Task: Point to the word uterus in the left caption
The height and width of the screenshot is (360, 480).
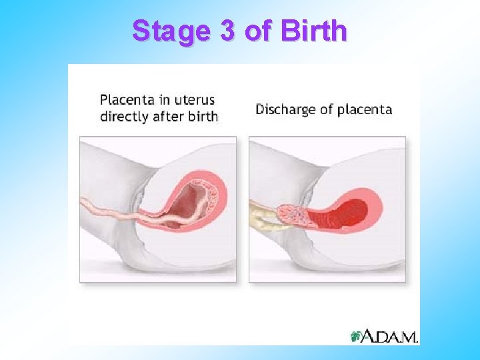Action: coord(193,101)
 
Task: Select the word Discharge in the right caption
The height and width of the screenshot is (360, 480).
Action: coord(285,109)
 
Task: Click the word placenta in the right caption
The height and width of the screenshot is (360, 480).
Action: coord(365,109)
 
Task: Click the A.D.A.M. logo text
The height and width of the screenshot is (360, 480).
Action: coord(390,337)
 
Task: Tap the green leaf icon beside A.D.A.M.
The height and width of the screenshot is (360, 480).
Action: coord(357,336)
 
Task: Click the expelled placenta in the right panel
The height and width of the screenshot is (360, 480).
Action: coord(293,215)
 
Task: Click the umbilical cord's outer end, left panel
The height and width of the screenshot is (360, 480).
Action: coord(87,203)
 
